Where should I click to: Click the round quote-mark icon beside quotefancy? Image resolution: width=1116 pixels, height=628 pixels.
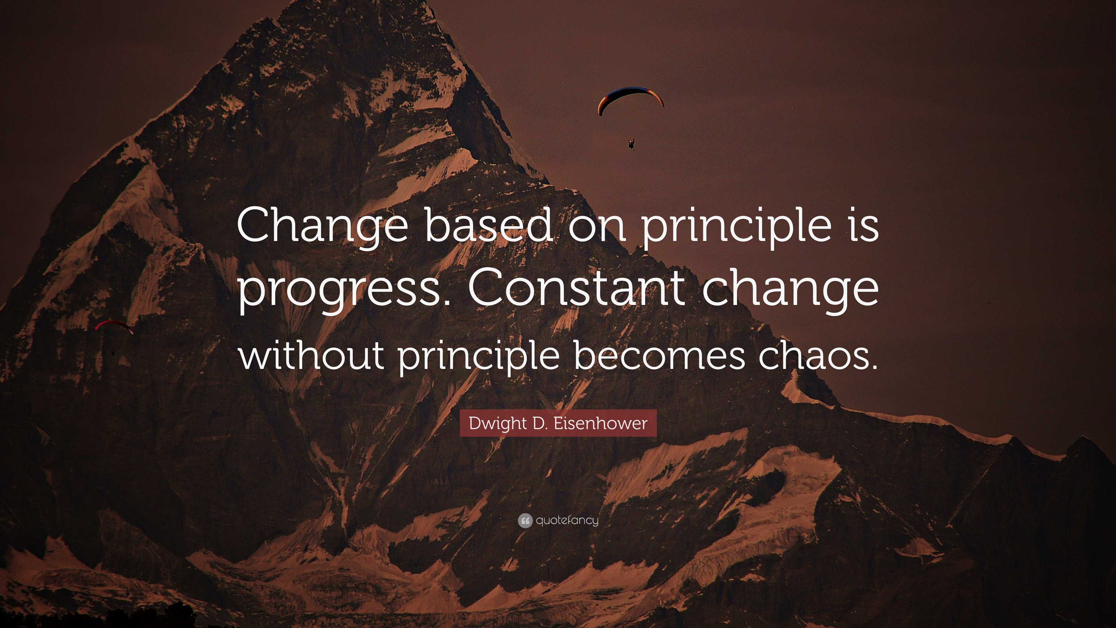pos(525,520)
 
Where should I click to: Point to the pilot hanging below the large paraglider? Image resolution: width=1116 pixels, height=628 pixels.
pos(631,143)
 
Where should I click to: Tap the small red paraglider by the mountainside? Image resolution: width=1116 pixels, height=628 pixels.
pos(114,325)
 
